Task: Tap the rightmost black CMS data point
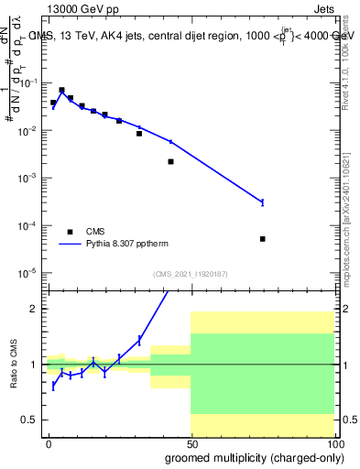[263, 239]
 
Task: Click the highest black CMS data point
[61, 91]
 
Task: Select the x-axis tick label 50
[191, 442]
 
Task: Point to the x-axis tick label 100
[333, 442]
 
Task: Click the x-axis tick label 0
[49, 442]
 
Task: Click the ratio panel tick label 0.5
[28, 420]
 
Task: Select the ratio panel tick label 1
[33, 365]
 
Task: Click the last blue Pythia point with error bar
[263, 202]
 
